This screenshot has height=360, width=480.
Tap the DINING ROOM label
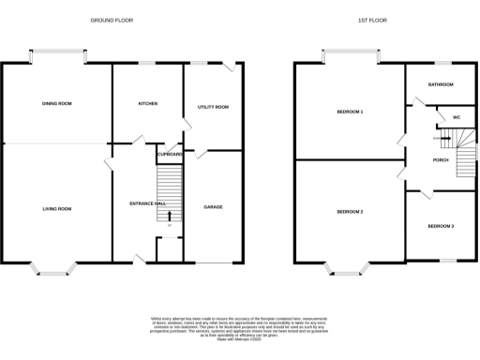click(x=56, y=103)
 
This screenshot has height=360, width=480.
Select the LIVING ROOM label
click(x=56, y=209)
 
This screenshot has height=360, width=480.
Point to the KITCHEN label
click(x=147, y=103)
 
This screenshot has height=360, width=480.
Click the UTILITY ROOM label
click(x=213, y=108)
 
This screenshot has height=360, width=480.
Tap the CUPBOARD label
click(x=170, y=154)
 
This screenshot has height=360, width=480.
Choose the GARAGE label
click(x=213, y=205)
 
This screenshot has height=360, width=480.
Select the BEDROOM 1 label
click(x=350, y=112)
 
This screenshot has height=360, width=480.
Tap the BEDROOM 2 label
click(x=350, y=212)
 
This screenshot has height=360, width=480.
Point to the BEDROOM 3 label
click(x=441, y=226)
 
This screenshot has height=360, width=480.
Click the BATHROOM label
click(x=441, y=84)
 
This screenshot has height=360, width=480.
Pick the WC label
click(x=456, y=117)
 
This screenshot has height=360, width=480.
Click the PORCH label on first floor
click(x=440, y=159)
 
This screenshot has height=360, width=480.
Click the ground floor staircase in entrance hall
click(x=169, y=187)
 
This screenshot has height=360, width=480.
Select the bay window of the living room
click(x=54, y=270)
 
